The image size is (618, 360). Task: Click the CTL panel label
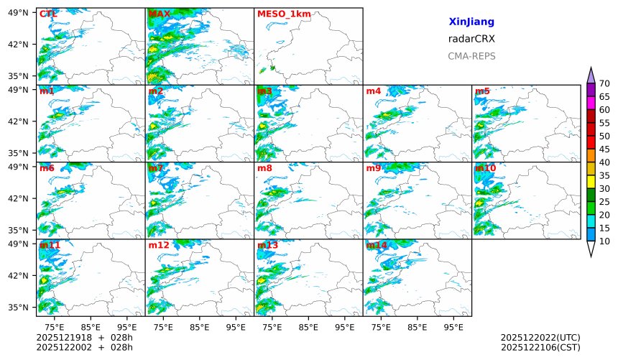coord(49,14)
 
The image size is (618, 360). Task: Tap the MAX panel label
coord(160,14)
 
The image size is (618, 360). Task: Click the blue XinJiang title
coord(471,22)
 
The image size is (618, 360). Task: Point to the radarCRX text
coord(471,39)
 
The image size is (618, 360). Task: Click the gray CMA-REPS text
coord(471,56)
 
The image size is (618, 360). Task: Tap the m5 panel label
coord(482,91)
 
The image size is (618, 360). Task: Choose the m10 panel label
coord(485,168)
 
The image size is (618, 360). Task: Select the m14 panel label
coord(377,246)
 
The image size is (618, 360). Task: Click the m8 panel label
coord(264,168)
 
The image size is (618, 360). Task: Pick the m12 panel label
coord(159,246)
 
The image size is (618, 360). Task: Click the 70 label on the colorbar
coord(604,83)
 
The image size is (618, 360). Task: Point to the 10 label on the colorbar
coord(604,241)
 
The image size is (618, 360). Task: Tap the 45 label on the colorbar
coord(604,149)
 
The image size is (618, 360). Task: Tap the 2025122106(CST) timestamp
coord(540,348)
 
